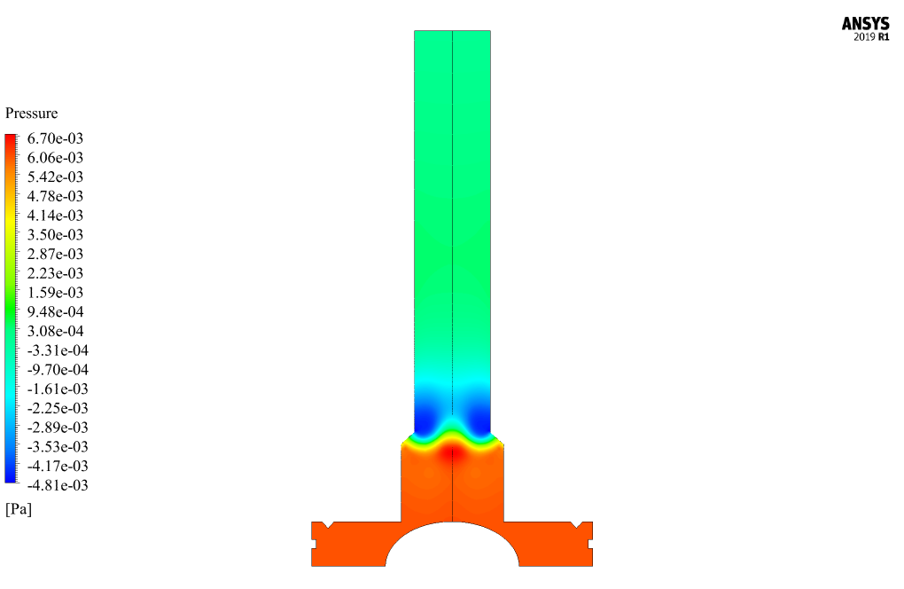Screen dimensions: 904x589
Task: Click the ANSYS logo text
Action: [x=865, y=24]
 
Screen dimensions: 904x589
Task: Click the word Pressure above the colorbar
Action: [x=32, y=113]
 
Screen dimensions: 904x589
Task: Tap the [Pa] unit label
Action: [x=19, y=509]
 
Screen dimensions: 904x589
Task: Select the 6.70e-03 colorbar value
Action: [x=55, y=138]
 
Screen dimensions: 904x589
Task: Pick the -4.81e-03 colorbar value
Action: [x=58, y=485]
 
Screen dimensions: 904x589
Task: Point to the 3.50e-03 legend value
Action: [x=55, y=235]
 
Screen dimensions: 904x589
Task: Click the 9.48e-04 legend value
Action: [x=55, y=312]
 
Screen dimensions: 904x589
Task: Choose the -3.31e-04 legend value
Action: [x=58, y=350]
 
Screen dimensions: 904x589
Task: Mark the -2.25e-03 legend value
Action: [x=58, y=408]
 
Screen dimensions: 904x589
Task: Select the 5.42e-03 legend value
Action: [x=55, y=177]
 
